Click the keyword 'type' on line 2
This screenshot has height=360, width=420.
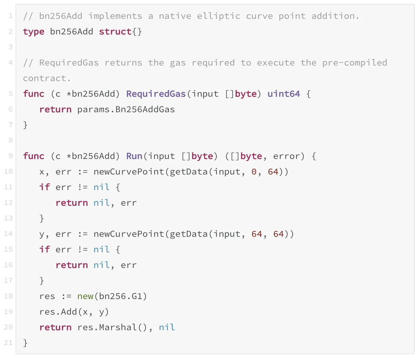(x=33, y=31)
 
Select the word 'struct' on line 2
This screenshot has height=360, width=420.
(x=115, y=31)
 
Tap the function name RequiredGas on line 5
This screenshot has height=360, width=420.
(x=156, y=94)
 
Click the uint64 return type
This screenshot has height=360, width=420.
(x=284, y=94)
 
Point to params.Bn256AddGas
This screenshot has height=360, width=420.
(x=126, y=109)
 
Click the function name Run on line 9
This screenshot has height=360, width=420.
(x=134, y=156)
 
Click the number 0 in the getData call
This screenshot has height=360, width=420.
(x=254, y=172)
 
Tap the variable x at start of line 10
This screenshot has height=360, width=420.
(x=42, y=172)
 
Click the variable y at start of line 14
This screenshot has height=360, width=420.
(x=42, y=234)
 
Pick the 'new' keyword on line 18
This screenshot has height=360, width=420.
(x=85, y=296)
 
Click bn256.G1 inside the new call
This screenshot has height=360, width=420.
(x=121, y=296)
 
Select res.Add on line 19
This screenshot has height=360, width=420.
(x=58, y=312)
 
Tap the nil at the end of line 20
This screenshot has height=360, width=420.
(x=167, y=327)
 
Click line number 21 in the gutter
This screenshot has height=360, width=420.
(x=8, y=342)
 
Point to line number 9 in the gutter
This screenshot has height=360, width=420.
(x=10, y=156)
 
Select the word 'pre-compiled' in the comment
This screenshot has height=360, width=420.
(x=355, y=63)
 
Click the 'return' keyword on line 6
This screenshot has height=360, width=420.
(x=55, y=109)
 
